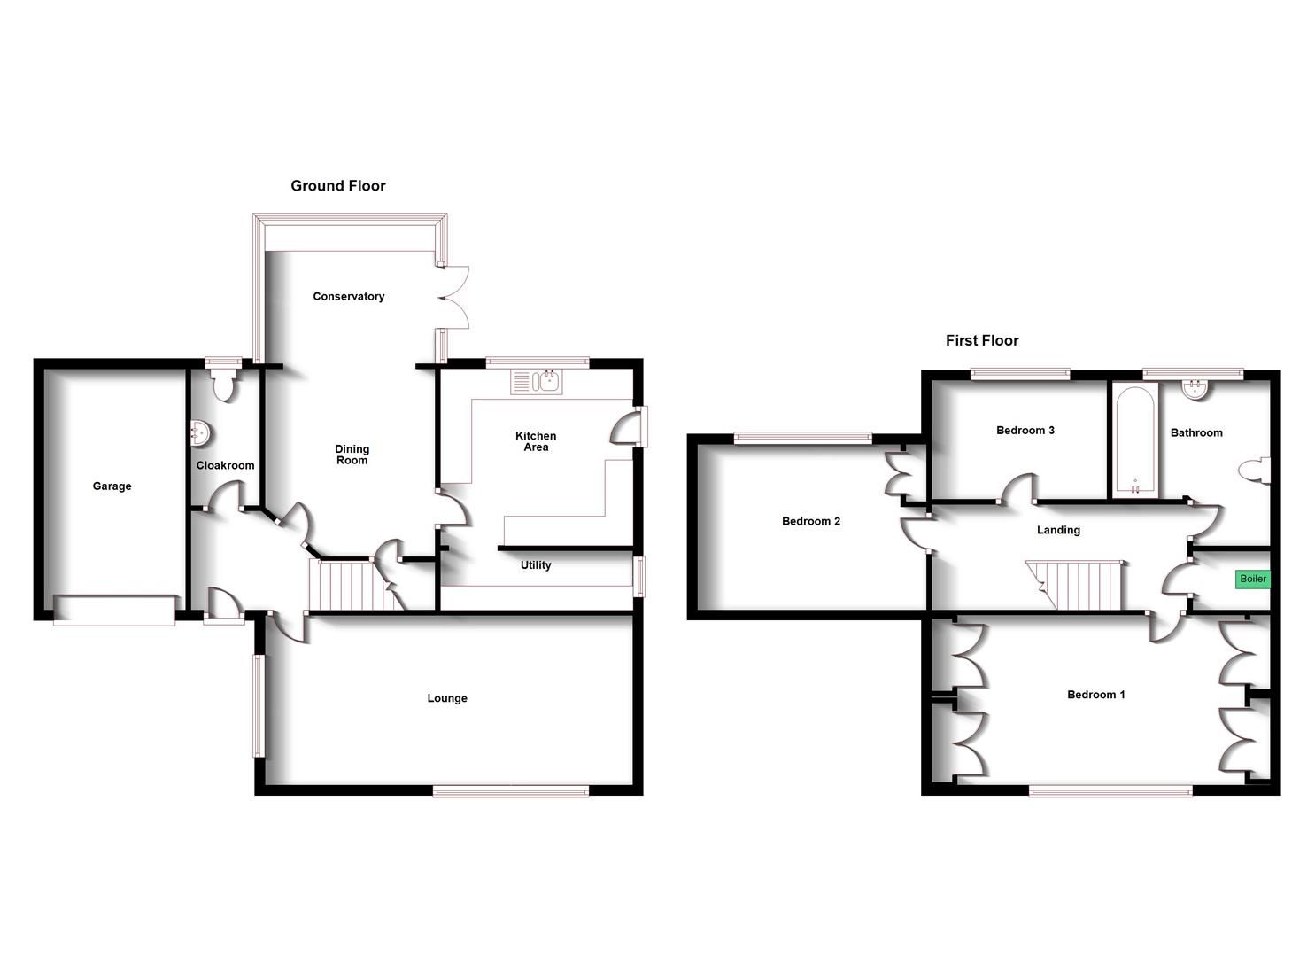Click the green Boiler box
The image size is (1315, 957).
coord(1252,580)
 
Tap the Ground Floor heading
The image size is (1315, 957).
coord(338,186)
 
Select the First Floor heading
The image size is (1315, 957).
coord(981,340)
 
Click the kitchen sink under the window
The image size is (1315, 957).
coord(537,382)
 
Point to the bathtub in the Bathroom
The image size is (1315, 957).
coord(1134,440)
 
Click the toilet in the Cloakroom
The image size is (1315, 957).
coord(223,385)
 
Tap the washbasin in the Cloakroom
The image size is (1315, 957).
coord(199,434)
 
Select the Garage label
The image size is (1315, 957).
coord(112,486)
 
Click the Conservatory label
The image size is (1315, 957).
coord(348,296)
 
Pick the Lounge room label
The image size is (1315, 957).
coord(447,698)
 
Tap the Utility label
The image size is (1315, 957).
coord(536,565)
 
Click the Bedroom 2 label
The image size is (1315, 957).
coord(810,521)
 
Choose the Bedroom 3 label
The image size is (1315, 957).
coord(1025,431)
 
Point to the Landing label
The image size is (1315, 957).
coord(1058,530)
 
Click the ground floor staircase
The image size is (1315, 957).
coord(352,585)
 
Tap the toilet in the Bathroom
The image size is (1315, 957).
coord(1257,471)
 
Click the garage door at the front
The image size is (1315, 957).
coord(114,610)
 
